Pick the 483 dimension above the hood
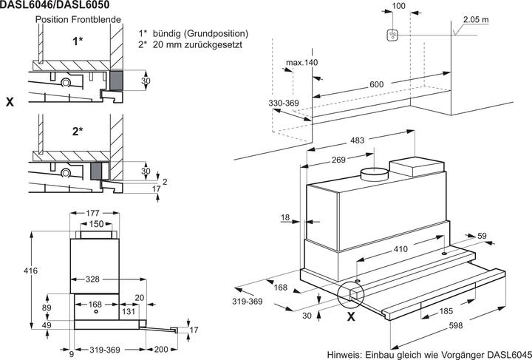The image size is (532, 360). coord(358,140)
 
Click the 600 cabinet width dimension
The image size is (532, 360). coord(378,85)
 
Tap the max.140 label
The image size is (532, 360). coord(303,62)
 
